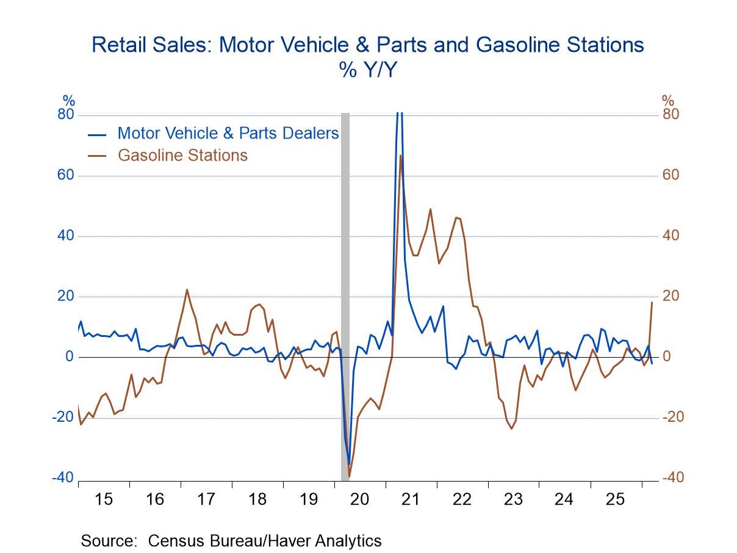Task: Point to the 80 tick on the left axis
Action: point(66,115)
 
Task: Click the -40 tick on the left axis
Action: point(63,477)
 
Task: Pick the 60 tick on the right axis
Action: point(671,175)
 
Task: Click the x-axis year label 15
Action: point(104,499)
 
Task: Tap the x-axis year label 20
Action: point(360,499)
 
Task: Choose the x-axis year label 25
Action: point(616,499)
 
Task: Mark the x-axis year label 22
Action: point(462,499)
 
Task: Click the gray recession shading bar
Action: point(345,293)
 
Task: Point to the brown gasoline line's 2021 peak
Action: point(400,156)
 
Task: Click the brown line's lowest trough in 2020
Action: point(350,476)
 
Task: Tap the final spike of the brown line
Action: point(652,302)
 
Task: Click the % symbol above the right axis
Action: point(668,101)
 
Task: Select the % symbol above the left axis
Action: point(69,101)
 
